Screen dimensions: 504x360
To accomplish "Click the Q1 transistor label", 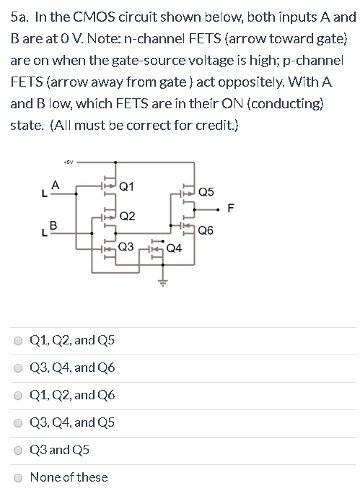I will tap(125, 186).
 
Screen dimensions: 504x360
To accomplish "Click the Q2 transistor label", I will tap(126, 215).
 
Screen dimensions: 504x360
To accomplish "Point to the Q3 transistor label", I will tap(125, 246).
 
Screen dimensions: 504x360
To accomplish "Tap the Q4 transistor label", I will tap(174, 249).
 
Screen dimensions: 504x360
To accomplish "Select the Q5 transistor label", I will tap(206, 191).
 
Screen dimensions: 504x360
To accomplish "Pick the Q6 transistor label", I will tap(206, 231).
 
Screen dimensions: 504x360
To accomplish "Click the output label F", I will tap(230, 209).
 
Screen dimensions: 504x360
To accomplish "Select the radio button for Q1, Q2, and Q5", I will tap(19, 340).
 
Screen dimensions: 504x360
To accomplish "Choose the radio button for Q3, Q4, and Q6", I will tap(19, 368).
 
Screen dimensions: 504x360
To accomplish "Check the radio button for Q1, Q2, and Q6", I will tap(19, 395).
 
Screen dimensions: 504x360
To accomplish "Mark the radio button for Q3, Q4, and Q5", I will tap(19, 422).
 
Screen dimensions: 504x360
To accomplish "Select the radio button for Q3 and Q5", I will tap(19, 449).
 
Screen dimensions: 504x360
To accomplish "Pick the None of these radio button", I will tap(19, 477).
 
